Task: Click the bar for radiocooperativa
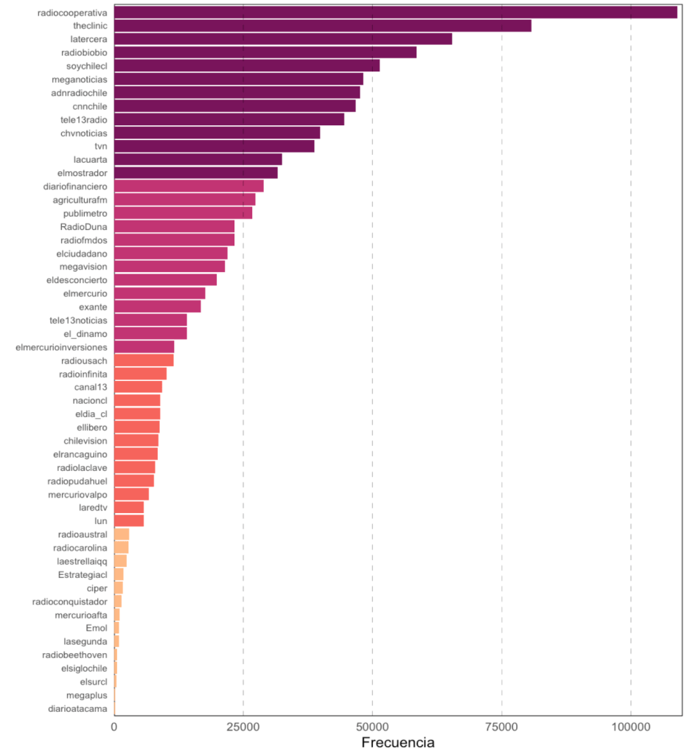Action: (395, 13)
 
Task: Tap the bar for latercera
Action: (283, 39)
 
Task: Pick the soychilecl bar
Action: (246, 66)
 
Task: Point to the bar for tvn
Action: (214, 146)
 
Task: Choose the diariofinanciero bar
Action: (189, 186)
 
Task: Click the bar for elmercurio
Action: (159, 293)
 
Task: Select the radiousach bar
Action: (144, 360)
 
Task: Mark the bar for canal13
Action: (138, 387)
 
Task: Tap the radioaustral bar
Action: (122, 534)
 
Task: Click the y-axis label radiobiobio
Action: (84, 52)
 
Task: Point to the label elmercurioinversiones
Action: (61, 347)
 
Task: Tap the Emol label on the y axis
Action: (97, 629)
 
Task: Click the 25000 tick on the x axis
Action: (243, 727)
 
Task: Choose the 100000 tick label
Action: (630, 727)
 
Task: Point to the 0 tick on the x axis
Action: (114, 727)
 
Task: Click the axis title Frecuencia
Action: (398, 742)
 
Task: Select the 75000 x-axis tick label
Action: (501, 727)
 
